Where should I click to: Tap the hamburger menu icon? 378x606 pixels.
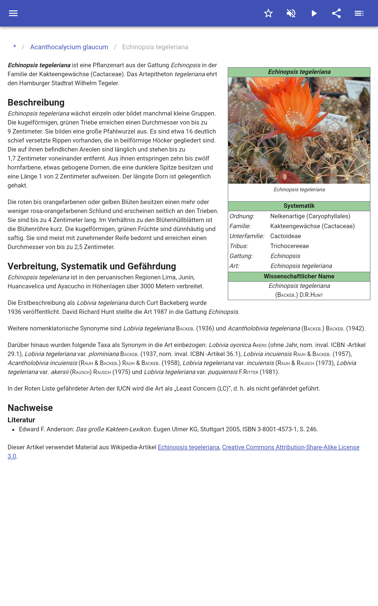(x=13, y=13)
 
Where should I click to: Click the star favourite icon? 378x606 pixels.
(x=268, y=13)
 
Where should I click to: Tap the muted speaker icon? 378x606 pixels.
(x=291, y=13)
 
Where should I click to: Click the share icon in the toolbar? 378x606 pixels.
(x=336, y=13)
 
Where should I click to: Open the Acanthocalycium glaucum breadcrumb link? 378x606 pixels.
(x=69, y=47)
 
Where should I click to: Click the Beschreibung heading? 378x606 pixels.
(x=36, y=102)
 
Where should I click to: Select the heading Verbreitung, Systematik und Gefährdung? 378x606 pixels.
(x=92, y=266)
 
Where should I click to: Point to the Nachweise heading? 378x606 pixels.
(x=30, y=408)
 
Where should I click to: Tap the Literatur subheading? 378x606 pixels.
(x=21, y=420)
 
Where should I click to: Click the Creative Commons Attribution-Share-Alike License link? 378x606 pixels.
(x=291, y=447)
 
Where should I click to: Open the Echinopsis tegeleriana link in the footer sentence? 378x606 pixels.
(x=188, y=447)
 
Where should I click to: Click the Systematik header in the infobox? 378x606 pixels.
(x=299, y=206)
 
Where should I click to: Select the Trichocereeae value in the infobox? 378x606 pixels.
(x=289, y=246)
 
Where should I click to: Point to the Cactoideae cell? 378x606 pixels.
(x=285, y=236)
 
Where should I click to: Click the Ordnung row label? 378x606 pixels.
(x=242, y=216)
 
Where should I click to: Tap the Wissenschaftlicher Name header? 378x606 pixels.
(x=299, y=276)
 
